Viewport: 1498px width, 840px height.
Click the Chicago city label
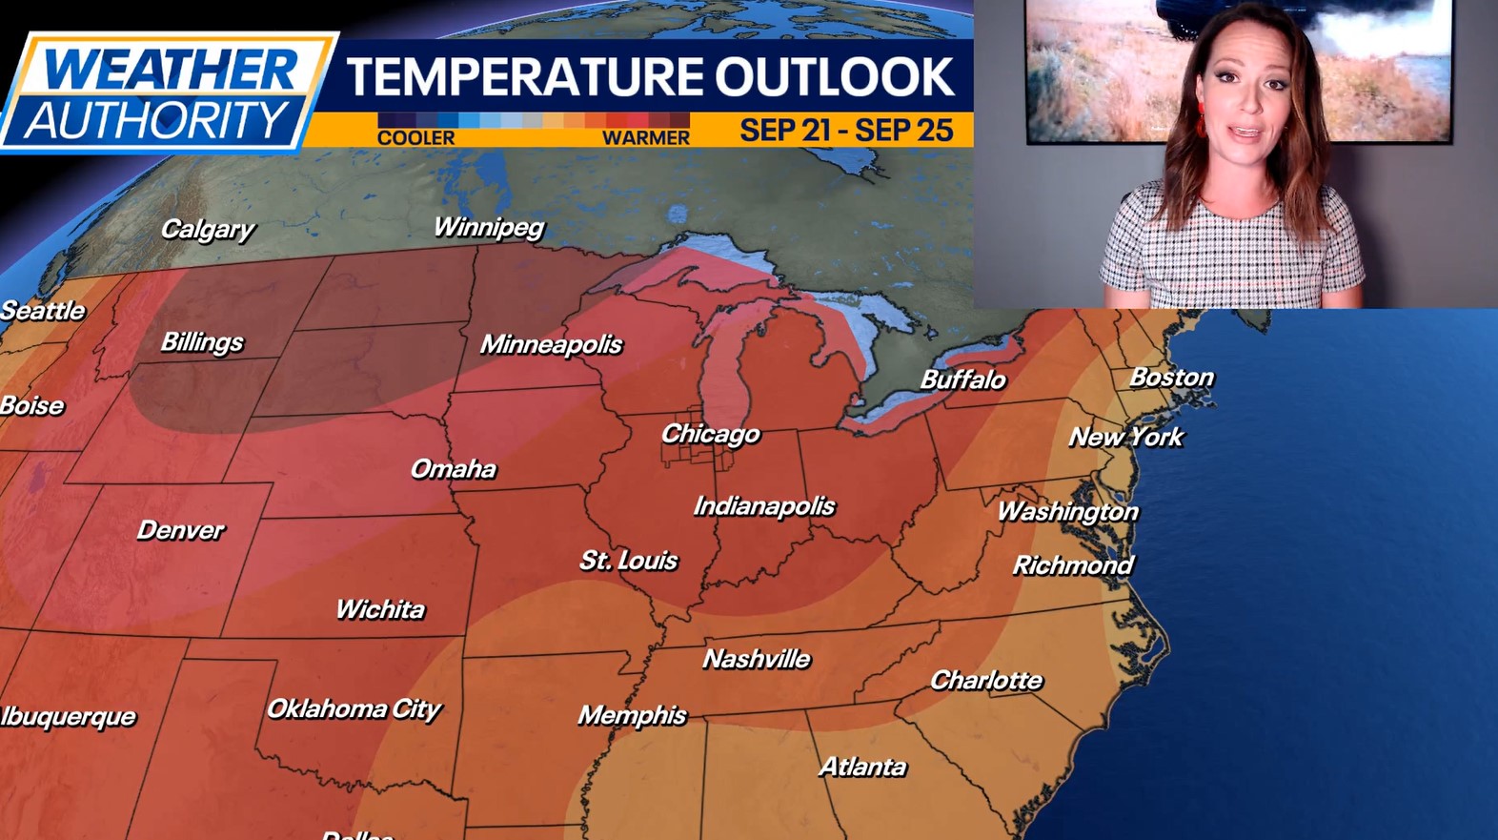pyautogui.click(x=710, y=435)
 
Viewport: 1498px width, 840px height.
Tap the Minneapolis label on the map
pyautogui.click(x=551, y=344)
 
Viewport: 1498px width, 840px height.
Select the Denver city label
pyautogui.click(x=180, y=530)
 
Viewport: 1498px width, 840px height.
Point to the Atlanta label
pyautogui.click(x=862, y=767)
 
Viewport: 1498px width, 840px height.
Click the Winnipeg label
pyautogui.click(x=489, y=227)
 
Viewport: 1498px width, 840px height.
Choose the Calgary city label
pyautogui.click(x=208, y=229)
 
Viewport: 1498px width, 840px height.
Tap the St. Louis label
pyautogui.click(x=629, y=561)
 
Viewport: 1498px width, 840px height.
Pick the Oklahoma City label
pyautogui.click(x=354, y=708)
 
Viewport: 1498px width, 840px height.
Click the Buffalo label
pyautogui.click(x=962, y=379)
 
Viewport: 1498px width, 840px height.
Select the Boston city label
pyautogui.click(x=1171, y=378)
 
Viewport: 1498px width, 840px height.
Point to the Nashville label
pyautogui.click(x=757, y=659)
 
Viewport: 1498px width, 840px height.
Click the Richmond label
pyautogui.click(x=1073, y=565)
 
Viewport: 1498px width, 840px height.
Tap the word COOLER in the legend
pyautogui.click(x=415, y=138)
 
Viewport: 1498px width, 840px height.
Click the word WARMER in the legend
pyautogui.click(x=645, y=138)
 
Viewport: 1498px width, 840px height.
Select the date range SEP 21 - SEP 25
pyautogui.click(x=846, y=130)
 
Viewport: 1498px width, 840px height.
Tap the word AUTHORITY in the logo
pyautogui.click(x=155, y=121)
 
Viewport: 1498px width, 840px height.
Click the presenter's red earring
pyautogui.click(x=1200, y=125)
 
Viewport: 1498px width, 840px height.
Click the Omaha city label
pyautogui.click(x=453, y=469)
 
